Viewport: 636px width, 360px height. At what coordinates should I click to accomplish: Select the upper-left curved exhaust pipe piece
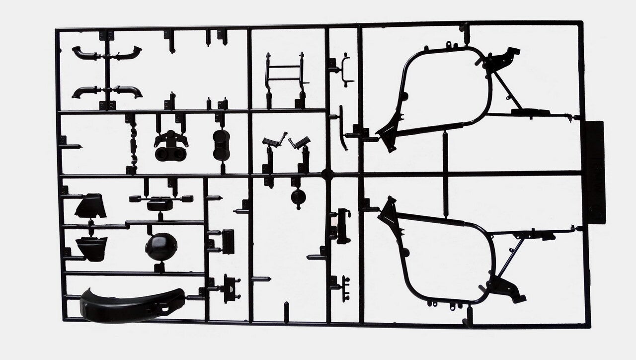[86, 53]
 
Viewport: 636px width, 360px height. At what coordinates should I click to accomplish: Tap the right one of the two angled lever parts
[300, 142]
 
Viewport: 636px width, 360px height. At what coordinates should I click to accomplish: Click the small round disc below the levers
[298, 197]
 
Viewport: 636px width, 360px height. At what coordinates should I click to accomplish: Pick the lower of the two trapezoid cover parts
[92, 247]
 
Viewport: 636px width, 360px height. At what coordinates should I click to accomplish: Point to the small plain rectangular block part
[228, 242]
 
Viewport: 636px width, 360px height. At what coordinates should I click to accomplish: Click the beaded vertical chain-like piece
[133, 144]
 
